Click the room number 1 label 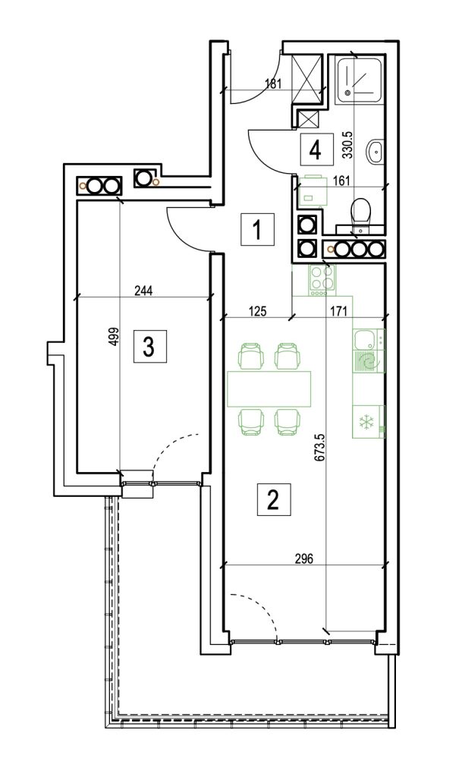(256, 229)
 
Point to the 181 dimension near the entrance (274, 84)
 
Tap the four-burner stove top (319, 280)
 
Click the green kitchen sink (368, 350)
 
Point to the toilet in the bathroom (360, 212)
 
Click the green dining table (270, 388)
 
